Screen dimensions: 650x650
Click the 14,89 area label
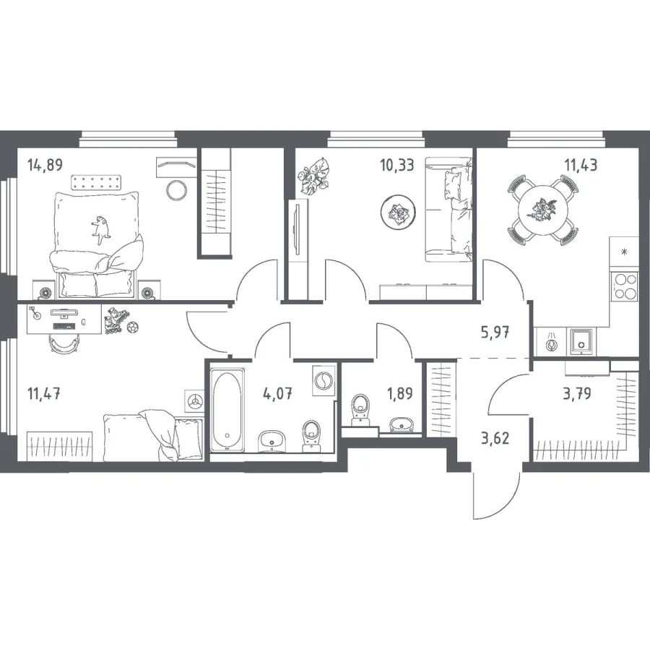click(45, 165)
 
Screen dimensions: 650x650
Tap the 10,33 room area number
click(396, 165)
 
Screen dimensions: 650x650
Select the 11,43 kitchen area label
click(581, 165)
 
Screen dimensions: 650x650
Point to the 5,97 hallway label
click(495, 333)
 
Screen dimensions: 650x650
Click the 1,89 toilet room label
click(399, 393)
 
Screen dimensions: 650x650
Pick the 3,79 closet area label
click(576, 393)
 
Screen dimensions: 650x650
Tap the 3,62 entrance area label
click(495, 438)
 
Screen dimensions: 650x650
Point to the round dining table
click(542, 210)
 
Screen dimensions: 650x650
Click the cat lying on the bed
click(100, 229)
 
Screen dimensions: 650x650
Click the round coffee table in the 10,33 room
click(398, 212)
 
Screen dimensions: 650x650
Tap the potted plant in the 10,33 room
click(314, 176)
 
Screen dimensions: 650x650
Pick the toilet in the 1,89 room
click(360, 409)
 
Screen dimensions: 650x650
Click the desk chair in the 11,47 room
click(63, 343)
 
